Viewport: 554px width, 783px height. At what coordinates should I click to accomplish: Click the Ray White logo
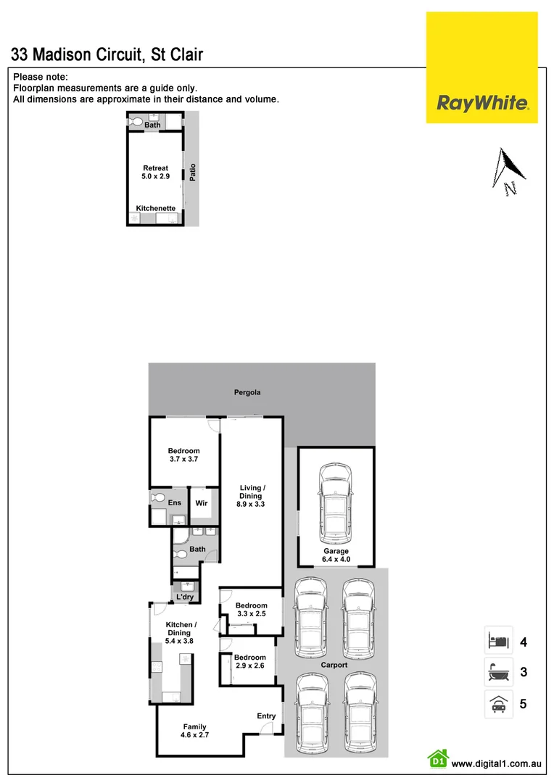point(481,102)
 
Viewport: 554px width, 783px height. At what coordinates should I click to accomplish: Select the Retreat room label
point(155,172)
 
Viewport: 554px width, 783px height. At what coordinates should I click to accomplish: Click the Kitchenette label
point(156,208)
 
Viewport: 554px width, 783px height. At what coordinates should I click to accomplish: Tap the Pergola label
point(247,392)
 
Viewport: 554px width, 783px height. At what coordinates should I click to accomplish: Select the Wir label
point(202,502)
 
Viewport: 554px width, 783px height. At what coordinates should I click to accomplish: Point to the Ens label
point(175,502)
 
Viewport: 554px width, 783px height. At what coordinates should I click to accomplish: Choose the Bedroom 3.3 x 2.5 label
point(251,610)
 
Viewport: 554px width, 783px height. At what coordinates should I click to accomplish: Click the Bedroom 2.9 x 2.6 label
point(249,662)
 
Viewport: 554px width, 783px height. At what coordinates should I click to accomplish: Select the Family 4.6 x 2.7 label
point(194,731)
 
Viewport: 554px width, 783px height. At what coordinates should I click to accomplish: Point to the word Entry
point(266,716)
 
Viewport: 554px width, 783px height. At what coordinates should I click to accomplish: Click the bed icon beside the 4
point(498,641)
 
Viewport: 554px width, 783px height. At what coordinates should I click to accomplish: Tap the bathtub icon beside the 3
point(498,672)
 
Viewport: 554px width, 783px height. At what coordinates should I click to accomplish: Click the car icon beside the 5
point(498,703)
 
